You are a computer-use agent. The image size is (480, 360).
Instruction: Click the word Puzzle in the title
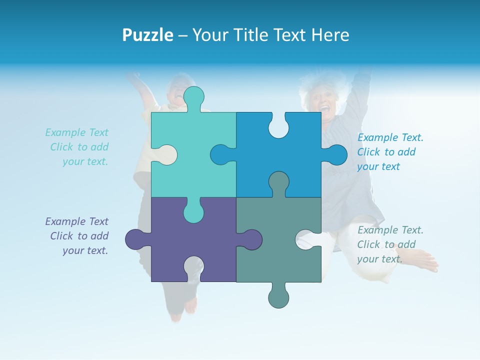[x=147, y=35]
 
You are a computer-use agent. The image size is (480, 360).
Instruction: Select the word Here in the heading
[x=329, y=35]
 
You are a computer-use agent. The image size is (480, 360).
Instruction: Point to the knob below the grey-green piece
[x=278, y=296]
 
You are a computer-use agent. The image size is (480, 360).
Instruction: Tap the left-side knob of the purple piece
[x=136, y=239]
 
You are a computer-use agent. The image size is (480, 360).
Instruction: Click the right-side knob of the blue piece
[x=335, y=155]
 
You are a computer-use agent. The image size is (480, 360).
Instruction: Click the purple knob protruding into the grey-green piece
[x=250, y=239]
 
